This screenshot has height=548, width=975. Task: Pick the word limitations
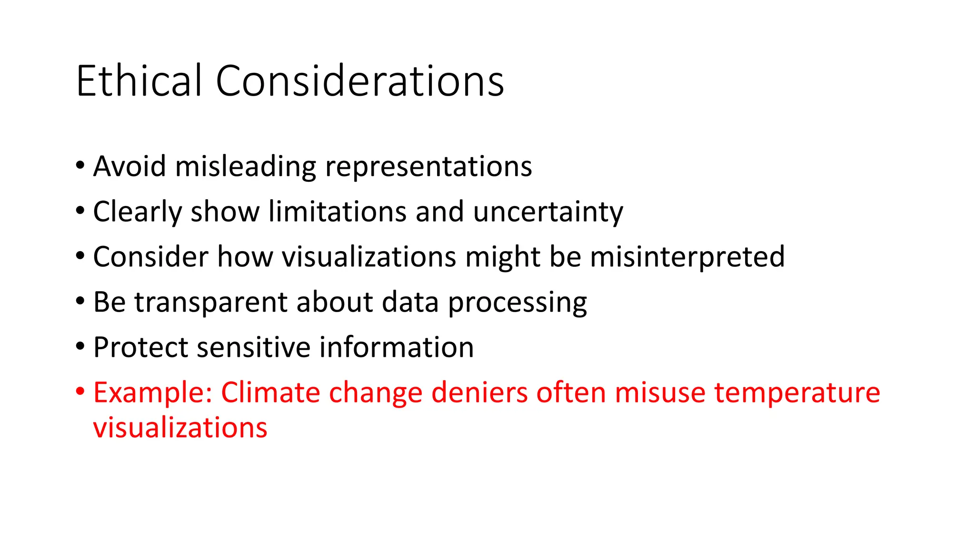coord(337,212)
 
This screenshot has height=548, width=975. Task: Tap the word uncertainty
coord(548,212)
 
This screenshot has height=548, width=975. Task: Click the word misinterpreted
coord(687,257)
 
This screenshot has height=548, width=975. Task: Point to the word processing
coord(517,303)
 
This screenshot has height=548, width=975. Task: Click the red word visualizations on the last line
coord(180,428)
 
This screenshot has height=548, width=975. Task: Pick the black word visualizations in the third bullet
coord(369,257)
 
